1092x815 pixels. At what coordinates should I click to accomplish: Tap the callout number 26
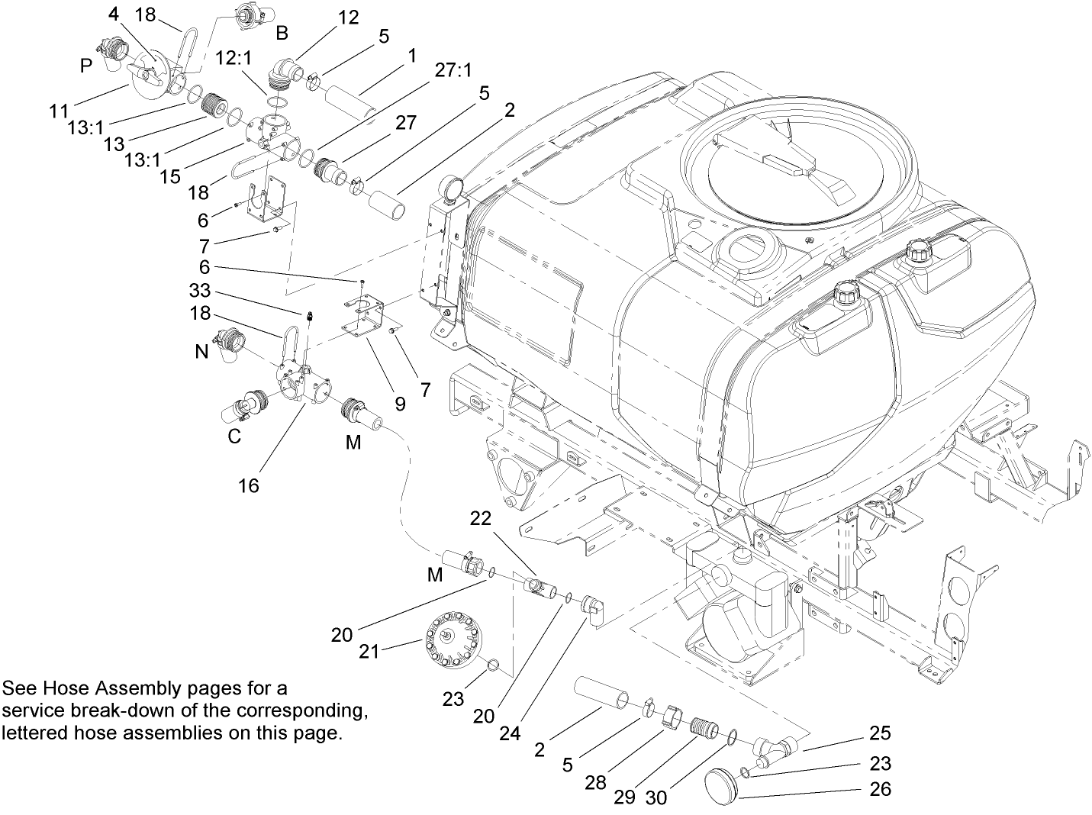881,788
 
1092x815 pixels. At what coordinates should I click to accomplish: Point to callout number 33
199,291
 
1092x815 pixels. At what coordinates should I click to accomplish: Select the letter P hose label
85,66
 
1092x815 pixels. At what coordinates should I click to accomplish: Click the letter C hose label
234,436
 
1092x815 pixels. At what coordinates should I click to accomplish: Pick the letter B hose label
282,32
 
